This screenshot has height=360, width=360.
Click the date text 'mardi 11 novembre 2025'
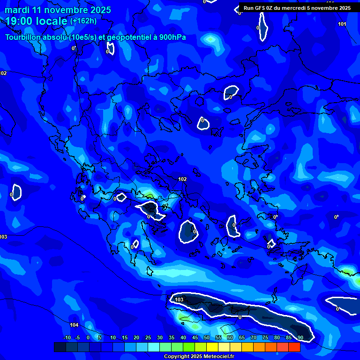pos(58,10)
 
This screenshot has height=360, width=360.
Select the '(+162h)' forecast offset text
pos(83,21)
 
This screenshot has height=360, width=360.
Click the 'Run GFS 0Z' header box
pos(297,8)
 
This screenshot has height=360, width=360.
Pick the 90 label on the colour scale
pos(300,338)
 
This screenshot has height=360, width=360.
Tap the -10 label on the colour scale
pos(67,338)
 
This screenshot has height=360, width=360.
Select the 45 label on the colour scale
pos(195,338)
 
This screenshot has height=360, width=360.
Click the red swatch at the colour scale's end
pos(294,347)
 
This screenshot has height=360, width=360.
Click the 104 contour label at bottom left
pos(74,325)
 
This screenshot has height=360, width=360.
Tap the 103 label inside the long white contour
pos(179,300)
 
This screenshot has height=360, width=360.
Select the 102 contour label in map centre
pos(182,179)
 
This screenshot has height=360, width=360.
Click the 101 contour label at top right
pos(342,24)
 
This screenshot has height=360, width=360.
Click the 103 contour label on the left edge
pos(3,237)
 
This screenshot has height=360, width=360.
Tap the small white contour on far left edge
pos(16,192)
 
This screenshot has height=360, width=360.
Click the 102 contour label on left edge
pos(3,73)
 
